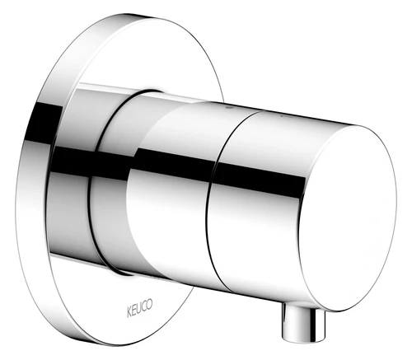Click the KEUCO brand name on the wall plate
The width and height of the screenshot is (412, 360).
click(140, 309)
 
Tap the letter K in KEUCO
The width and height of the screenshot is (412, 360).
click(130, 313)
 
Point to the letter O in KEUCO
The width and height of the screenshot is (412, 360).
click(150, 305)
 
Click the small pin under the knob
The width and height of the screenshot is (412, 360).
click(303, 322)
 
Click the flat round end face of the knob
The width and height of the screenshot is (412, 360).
click(348, 218)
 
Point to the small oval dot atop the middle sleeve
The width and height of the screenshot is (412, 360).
click(227, 108)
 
